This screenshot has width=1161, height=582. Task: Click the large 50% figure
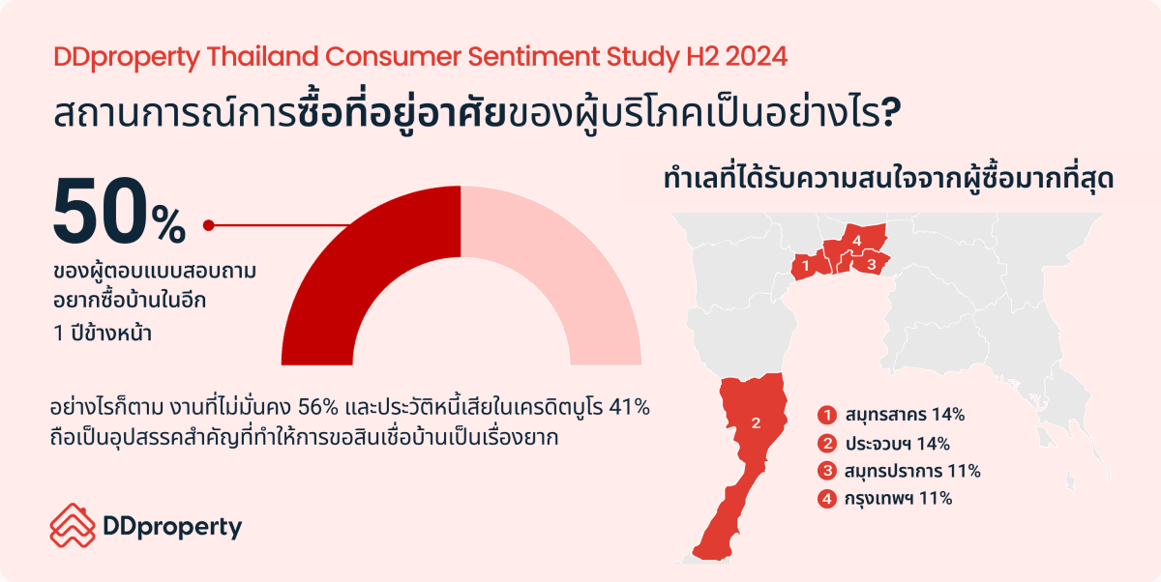tap(119, 213)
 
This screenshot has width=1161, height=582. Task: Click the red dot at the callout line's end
tap(208, 225)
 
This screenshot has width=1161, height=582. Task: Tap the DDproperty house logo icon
tap(73, 525)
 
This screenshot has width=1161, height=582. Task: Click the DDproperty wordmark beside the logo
tap(172, 528)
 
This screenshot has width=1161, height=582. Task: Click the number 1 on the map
tap(805, 266)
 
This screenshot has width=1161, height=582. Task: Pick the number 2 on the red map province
tap(756, 423)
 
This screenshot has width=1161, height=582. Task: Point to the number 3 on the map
tap(872, 265)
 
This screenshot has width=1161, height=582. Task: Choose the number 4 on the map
tap(857, 241)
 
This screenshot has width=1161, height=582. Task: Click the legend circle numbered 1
tap(827, 415)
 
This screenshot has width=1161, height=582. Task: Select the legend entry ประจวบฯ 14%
tap(898, 444)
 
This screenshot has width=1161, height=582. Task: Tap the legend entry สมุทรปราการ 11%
tap(912, 471)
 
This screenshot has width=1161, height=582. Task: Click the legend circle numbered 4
tap(827, 499)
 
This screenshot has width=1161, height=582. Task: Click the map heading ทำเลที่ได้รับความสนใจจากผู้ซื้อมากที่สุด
tap(888, 179)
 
